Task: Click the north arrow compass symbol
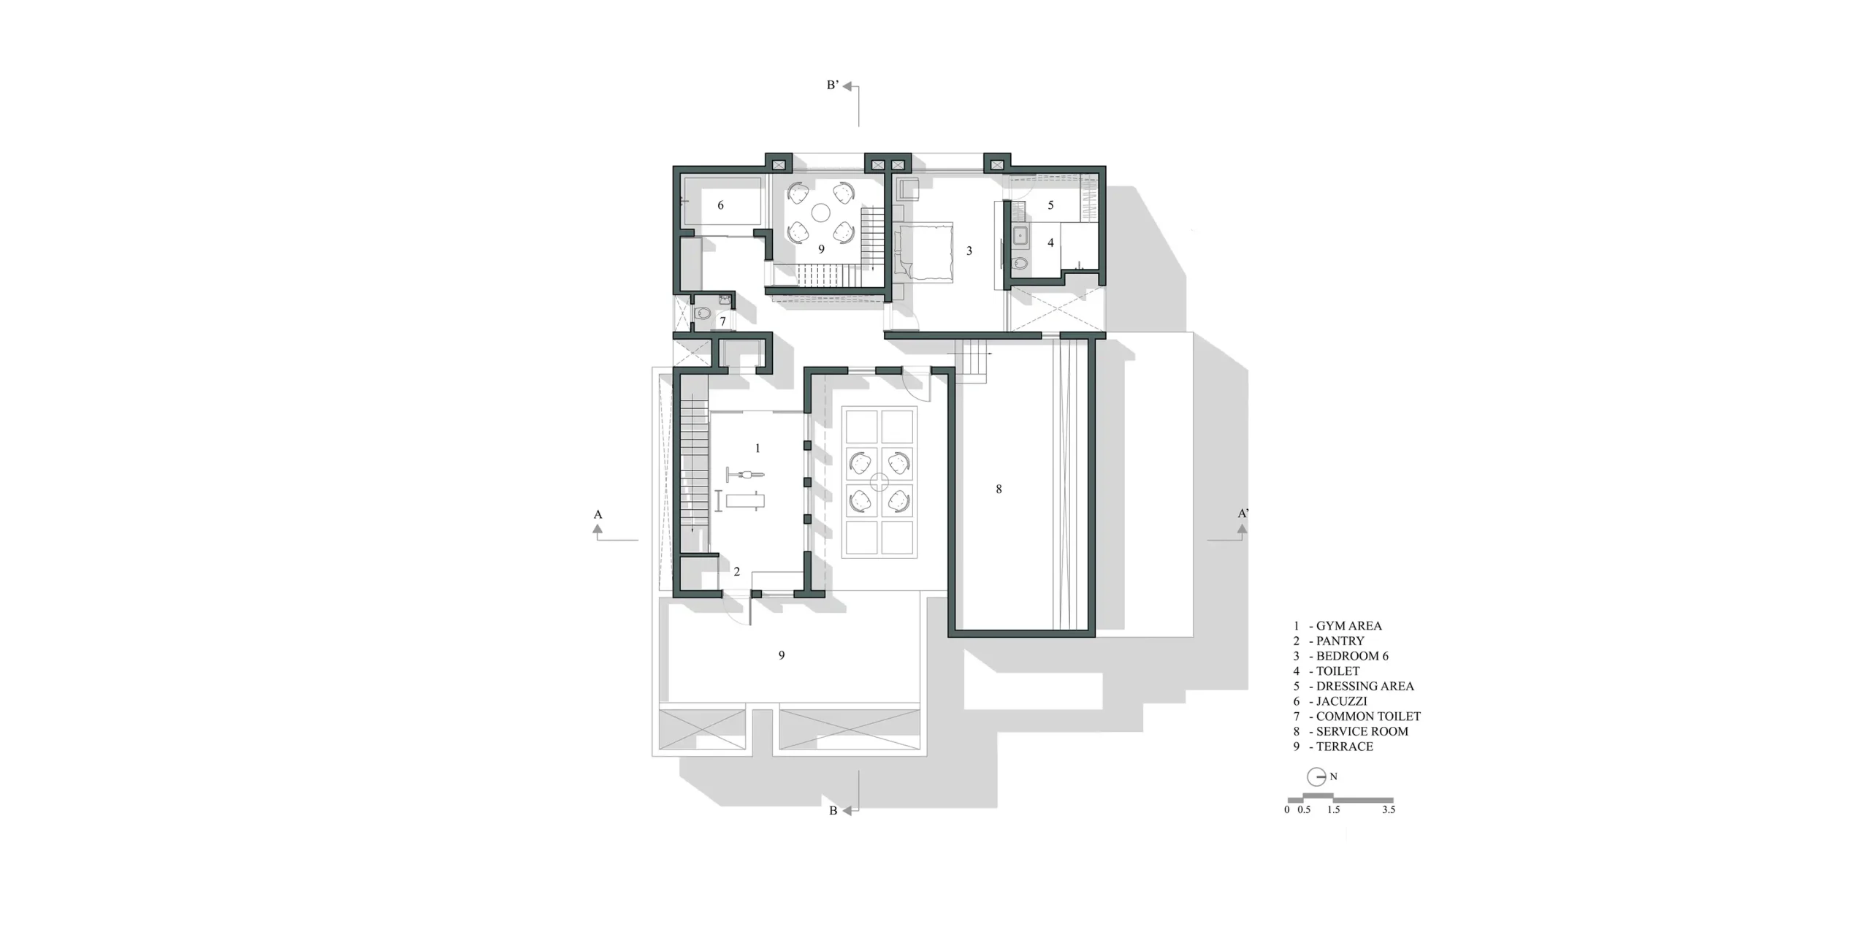pyautogui.click(x=1316, y=776)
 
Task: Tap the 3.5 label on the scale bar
pyautogui.click(x=1388, y=809)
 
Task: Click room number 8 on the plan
pyautogui.click(x=999, y=489)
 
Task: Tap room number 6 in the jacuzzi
pyautogui.click(x=720, y=205)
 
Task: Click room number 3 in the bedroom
pyautogui.click(x=969, y=251)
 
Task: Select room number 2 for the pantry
pyautogui.click(x=737, y=572)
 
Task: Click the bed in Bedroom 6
pyautogui.click(x=924, y=252)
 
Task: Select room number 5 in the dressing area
pyautogui.click(x=1051, y=205)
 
